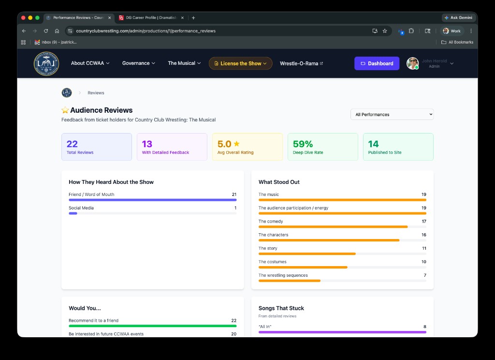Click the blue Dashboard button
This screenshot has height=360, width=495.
pos(377,63)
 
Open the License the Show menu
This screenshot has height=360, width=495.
pos(240,63)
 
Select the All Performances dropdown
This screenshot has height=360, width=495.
pos(392,115)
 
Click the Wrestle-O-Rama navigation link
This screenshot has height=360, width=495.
pos(301,63)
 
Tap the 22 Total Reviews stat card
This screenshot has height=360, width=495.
pos(96,147)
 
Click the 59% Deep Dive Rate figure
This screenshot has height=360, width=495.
pos(303,144)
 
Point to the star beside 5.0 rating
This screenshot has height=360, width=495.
pos(237,144)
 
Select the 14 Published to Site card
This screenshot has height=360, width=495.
pos(398,147)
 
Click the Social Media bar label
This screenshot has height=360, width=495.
pos(81,208)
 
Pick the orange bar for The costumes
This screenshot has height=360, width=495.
pos(303,267)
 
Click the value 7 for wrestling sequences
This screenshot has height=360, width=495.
pos(424,275)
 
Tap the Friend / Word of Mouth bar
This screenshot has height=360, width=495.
pos(152,199)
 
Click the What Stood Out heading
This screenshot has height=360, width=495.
pos(279,182)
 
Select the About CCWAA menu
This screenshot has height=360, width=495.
pos(90,63)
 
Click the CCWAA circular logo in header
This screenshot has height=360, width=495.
pos(46,63)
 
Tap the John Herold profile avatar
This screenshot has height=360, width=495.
pos(412,63)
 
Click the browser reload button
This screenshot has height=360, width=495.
pos(46,31)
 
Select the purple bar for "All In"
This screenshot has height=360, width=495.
pos(342,332)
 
